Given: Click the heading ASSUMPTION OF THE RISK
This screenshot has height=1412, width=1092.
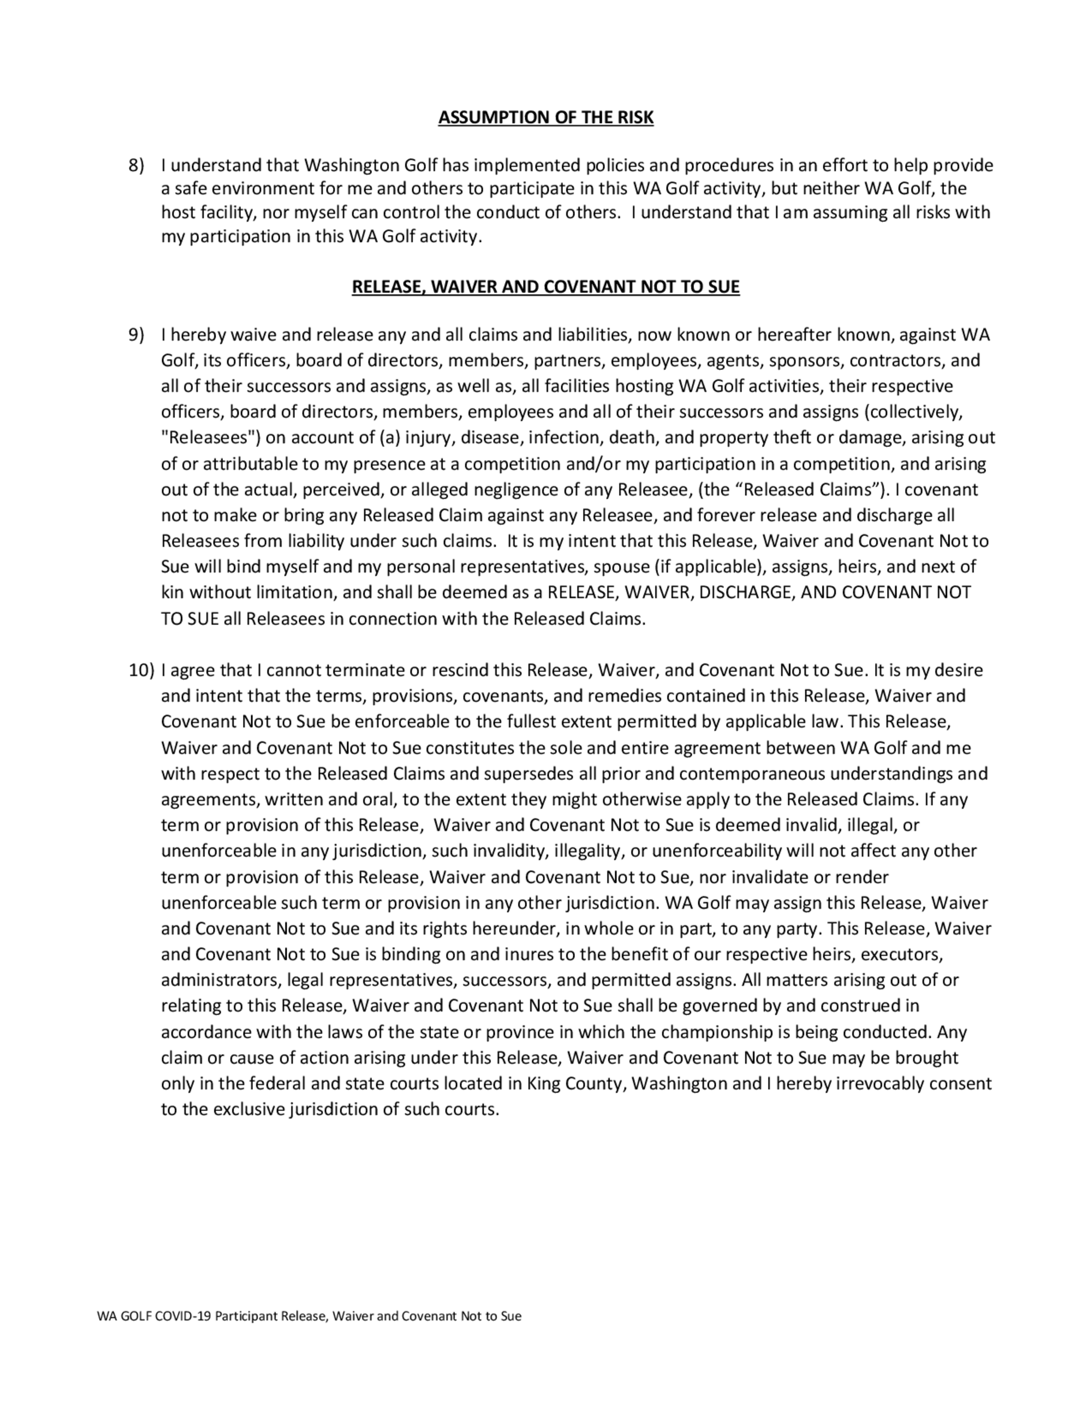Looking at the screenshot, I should click(x=545, y=118).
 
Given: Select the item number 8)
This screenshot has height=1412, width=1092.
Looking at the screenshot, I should click(x=136, y=165).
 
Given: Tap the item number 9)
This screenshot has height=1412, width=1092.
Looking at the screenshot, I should click(x=136, y=335).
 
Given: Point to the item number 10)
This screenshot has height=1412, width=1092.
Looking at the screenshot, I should click(x=141, y=670).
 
